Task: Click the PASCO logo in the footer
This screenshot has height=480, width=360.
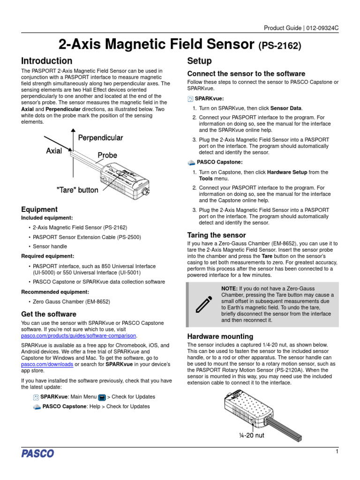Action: click(x=37, y=453)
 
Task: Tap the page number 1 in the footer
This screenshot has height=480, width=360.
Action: click(x=337, y=451)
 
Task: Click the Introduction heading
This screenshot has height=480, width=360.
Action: click(x=47, y=61)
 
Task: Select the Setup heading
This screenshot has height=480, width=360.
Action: click(x=199, y=61)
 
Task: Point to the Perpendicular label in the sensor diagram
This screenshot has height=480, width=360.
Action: click(x=100, y=138)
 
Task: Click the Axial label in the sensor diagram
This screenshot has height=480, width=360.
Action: click(x=54, y=151)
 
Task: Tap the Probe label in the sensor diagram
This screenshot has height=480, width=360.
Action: click(x=107, y=155)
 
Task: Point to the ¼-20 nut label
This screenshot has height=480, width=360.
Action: click(x=252, y=435)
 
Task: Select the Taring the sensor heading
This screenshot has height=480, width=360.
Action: click(x=216, y=235)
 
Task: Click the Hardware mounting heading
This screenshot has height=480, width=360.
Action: click(x=220, y=336)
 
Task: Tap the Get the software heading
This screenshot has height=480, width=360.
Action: click(x=49, y=314)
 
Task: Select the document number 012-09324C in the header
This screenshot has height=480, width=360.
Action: click(x=322, y=28)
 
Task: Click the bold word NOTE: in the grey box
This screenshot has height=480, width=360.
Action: click(x=230, y=288)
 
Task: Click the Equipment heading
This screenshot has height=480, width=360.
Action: click(x=39, y=210)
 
